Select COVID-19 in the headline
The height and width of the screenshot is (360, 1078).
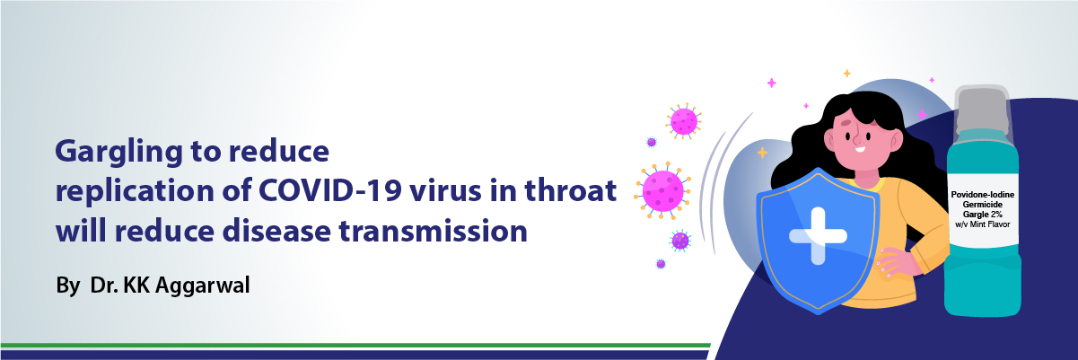(329, 190)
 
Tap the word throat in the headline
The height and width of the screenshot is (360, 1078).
(570, 189)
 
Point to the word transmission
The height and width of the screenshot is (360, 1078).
(434, 231)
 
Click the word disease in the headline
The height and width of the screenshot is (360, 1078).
(276, 230)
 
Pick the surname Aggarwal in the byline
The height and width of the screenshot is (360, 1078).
(202, 285)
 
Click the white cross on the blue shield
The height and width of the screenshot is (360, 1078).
(818, 236)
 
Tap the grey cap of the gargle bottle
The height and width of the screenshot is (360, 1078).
(983, 110)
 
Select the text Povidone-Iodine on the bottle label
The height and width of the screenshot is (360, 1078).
(983, 195)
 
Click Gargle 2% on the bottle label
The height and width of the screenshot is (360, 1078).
(983, 215)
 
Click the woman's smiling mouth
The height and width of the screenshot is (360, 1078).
(860, 150)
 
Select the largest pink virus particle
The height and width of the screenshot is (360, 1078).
(662, 190)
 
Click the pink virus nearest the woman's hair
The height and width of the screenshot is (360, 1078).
(683, 121)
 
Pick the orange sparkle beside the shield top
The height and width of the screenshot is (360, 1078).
(762, 153)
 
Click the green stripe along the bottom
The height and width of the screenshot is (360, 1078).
(355, 345)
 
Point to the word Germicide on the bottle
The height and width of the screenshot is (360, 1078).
(983, 205)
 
